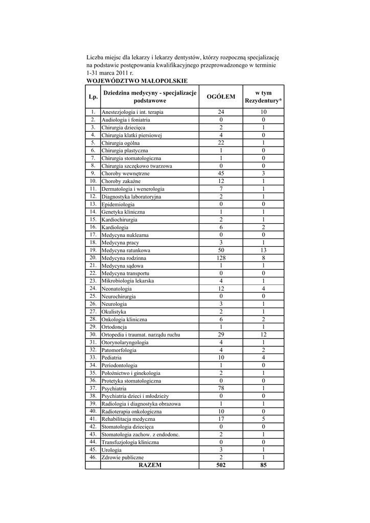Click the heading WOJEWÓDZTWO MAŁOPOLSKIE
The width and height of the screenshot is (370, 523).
coord(137,81)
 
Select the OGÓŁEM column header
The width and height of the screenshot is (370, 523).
coord(221,97)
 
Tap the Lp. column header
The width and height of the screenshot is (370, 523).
coord(93,97)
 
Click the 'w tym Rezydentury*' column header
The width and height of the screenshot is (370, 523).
coord(263,97)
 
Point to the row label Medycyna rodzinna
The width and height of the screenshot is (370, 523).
coord(124,258)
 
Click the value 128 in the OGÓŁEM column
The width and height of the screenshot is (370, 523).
coord(221,258)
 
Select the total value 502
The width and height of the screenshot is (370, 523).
coord(221,465)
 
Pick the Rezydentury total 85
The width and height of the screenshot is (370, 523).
coord(263,465)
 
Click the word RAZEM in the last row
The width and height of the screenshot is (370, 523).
coord(150,465)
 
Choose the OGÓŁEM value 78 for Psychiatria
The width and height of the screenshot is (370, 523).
coord(221,388)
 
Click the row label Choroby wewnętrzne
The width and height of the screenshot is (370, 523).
coord(125,174)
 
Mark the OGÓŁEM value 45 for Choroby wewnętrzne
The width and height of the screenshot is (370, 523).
coord(221,173)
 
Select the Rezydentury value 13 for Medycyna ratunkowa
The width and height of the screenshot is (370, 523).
coord(263,250)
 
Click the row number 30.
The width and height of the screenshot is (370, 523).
coord(93,335)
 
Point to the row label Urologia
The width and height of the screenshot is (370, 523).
coord(111,450)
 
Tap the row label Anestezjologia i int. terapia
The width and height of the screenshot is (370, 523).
coord(133,112)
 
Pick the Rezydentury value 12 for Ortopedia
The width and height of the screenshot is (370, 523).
coord(263,335)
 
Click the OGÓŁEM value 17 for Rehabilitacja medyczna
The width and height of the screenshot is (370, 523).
coord(221,419)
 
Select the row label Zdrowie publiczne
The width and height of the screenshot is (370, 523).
coord(123,458)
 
